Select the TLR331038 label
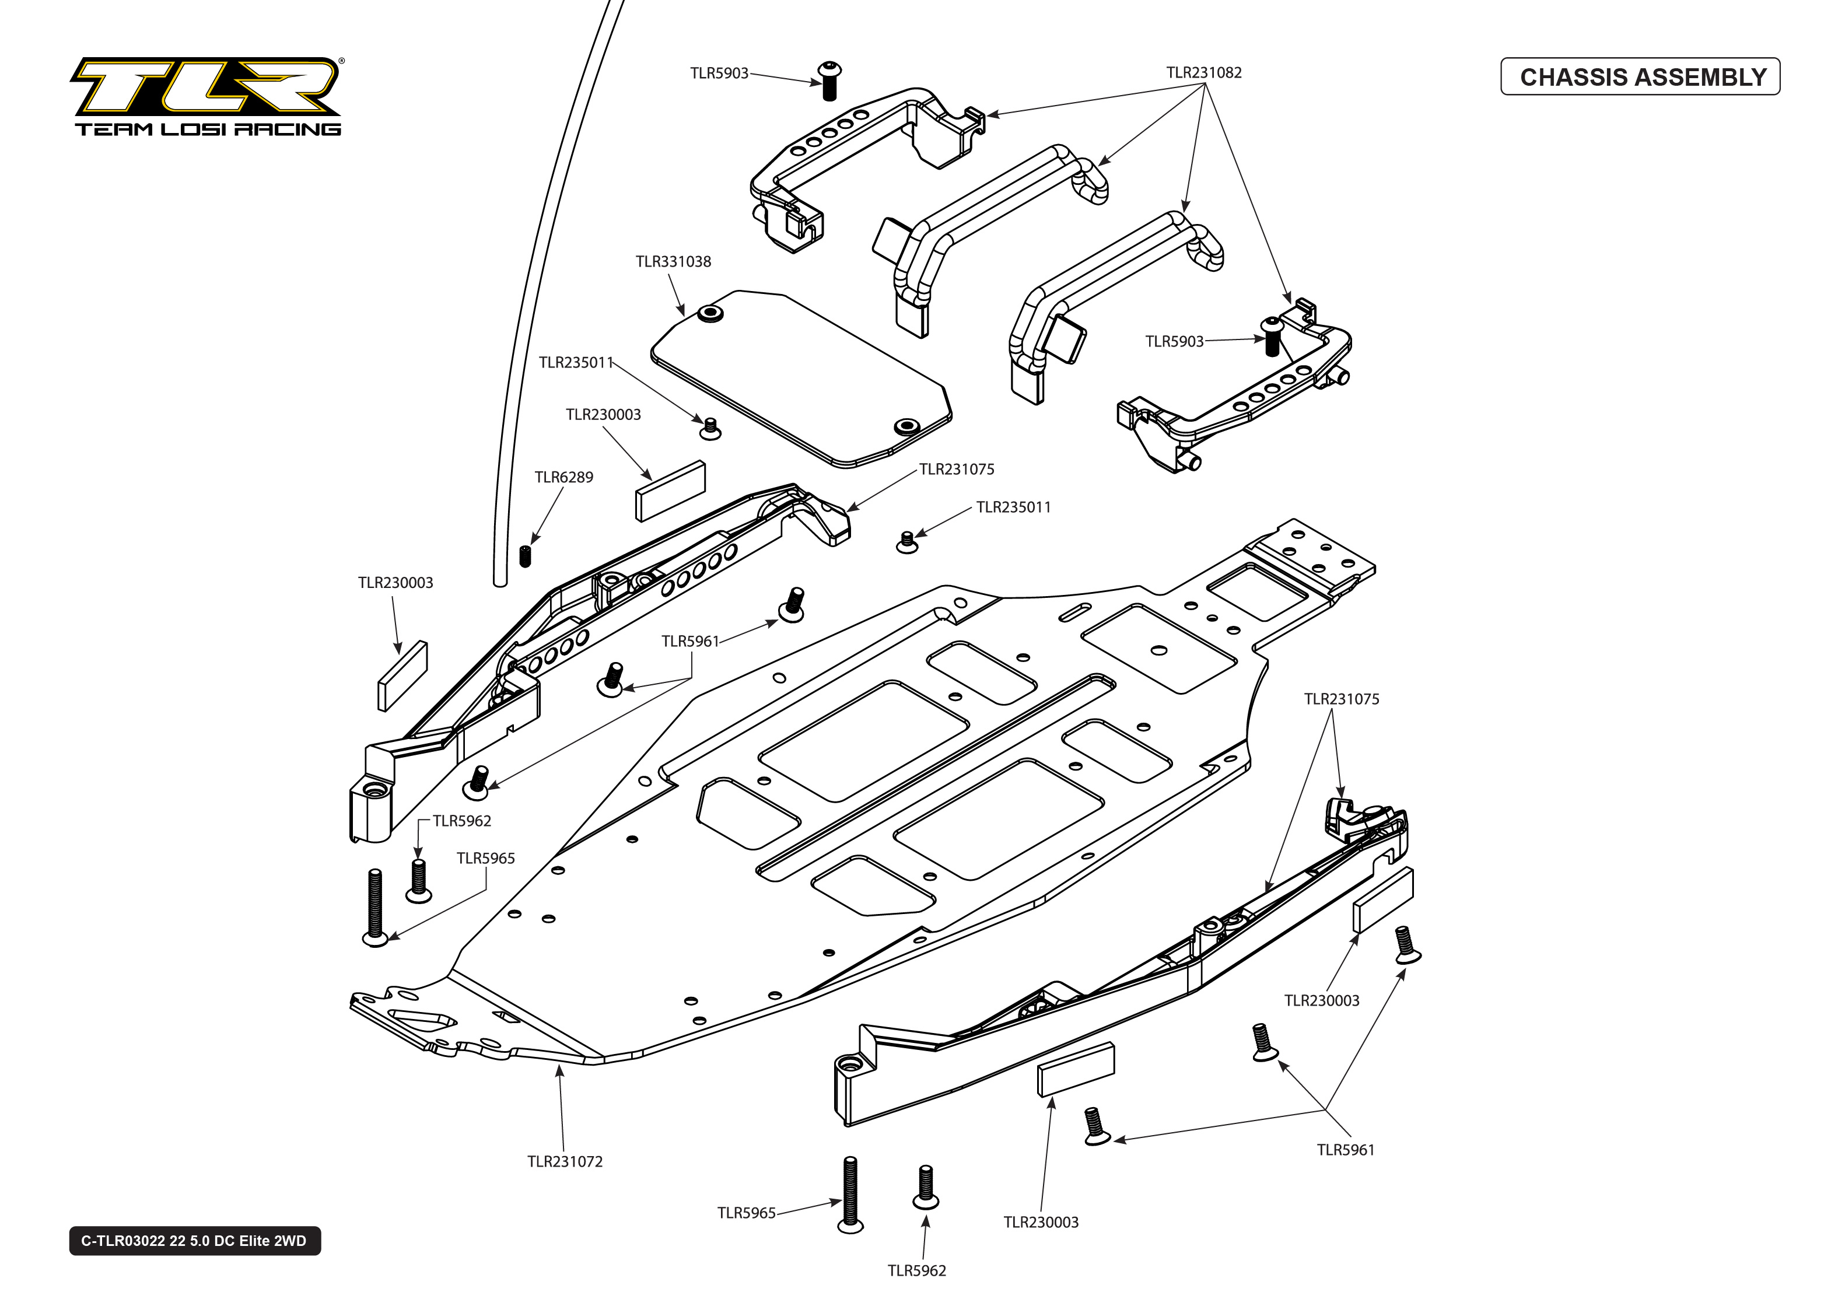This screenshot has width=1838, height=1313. [x=673, y=262]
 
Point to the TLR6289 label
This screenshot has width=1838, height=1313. [x=563, y=478]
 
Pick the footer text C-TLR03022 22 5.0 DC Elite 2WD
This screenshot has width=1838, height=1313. [x=194, y=1241]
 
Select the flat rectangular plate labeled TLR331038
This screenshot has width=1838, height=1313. [x=800, y=380]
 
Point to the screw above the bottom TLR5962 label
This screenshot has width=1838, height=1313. [x=926, y=1186]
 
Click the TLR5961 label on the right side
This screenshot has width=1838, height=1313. [x=1345, y=1150]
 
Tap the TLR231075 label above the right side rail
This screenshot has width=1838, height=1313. [x=1341, y=699]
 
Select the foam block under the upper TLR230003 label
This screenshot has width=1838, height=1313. [x=670, y=491]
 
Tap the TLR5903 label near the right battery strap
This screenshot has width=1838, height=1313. [x=1174, y=342]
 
